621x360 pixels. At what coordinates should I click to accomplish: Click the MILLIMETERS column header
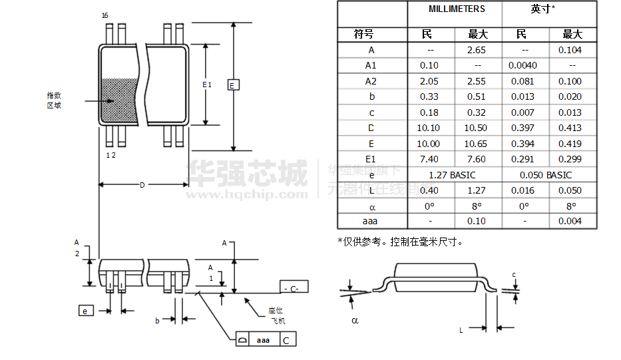pos(456,9)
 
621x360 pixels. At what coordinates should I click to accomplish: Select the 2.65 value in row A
pos(477,50)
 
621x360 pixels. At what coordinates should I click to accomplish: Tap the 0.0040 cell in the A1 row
pos(522,65)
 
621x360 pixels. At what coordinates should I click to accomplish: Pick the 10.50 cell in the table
pos(477,128)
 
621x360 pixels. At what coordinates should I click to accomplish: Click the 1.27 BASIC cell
pos(453,175)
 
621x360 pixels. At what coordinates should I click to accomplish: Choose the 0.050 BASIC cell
pos(547,175)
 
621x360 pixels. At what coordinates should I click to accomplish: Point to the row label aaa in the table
pos(371,222)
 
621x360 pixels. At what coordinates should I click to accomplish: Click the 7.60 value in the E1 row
pos(477,159)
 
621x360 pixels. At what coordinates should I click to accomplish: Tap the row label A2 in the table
pos(371,81)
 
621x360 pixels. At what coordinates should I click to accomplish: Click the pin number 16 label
pos(105,15)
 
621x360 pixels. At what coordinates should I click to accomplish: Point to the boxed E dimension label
pos(232,85)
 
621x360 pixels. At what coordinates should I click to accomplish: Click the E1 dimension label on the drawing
pos(206,85)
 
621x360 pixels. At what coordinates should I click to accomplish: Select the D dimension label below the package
pos(142,185)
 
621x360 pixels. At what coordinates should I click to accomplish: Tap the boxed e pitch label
pos(85,311)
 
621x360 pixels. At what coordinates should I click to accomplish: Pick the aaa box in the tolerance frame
pos(263,340)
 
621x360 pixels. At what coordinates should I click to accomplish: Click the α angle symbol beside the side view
pos(355,320)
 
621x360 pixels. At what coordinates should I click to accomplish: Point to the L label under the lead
pos(461,329)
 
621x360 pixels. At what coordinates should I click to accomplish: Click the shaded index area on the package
pos(118,100)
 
